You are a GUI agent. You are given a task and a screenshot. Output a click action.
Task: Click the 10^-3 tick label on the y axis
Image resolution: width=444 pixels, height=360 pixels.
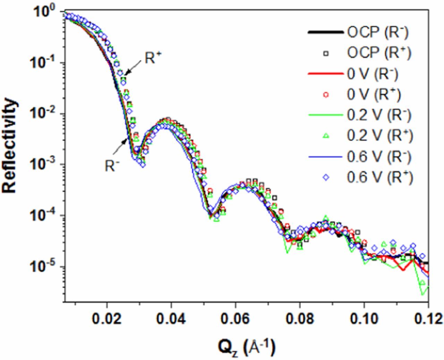click(x=46, y=165)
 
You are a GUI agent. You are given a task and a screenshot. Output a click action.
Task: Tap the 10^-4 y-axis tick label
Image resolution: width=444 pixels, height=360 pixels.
click(x=46, y=216)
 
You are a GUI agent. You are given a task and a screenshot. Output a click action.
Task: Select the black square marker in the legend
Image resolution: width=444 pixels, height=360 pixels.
click(x=326, y=53)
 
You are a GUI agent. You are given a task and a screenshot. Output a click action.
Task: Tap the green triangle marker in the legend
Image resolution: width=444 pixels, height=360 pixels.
click(x=326, y=136)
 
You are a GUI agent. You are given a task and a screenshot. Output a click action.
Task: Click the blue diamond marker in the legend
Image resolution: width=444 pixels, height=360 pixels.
click(x=326, y=177)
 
